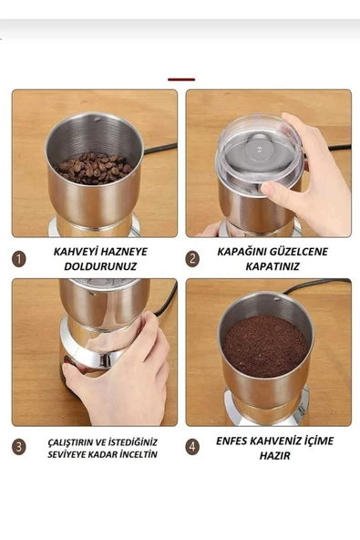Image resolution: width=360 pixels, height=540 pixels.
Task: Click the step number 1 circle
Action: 19,259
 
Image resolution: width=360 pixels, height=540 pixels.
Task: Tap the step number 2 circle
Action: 192,259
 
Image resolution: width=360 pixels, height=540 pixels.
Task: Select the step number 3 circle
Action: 19,447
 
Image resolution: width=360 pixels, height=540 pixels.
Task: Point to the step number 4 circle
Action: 192,447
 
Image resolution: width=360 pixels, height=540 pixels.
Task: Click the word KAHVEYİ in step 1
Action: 72,252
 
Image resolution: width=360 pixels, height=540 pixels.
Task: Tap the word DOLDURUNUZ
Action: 100,266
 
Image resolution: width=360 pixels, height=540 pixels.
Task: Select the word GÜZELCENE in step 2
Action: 298,252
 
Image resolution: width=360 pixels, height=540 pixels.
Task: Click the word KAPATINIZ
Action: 273,266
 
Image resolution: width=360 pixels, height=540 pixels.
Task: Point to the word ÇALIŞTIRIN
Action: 69,442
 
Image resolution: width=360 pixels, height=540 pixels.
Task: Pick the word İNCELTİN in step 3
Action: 138,454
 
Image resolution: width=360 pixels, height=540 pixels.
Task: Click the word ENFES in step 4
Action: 231,441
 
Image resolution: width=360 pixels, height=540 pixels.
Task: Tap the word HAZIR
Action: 274,456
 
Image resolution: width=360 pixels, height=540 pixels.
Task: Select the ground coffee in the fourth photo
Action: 265,346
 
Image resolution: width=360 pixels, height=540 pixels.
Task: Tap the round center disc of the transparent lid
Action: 259,150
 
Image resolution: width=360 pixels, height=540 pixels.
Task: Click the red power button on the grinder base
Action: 67,361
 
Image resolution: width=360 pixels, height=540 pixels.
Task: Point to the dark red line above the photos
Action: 181,79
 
